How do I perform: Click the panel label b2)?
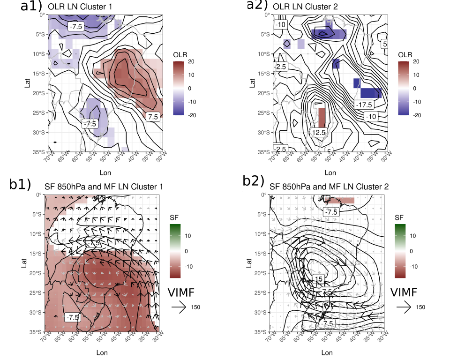[253, 180]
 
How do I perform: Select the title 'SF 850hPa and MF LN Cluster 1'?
[104, 187]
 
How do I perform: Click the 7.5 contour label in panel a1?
[153, 116]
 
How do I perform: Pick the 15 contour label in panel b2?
[319, 279]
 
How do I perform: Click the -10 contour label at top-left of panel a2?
[280, 24]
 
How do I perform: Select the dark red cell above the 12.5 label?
[322, 117]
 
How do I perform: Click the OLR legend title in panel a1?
[180, 54]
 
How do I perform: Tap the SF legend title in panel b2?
[399, 217]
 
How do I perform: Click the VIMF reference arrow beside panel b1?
[179, 307]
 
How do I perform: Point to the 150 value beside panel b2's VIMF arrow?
[420, 307]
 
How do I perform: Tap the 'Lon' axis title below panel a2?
[327, 172]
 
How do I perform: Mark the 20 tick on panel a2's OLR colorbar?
[417, 61]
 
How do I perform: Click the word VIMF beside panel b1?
[180, 292]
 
